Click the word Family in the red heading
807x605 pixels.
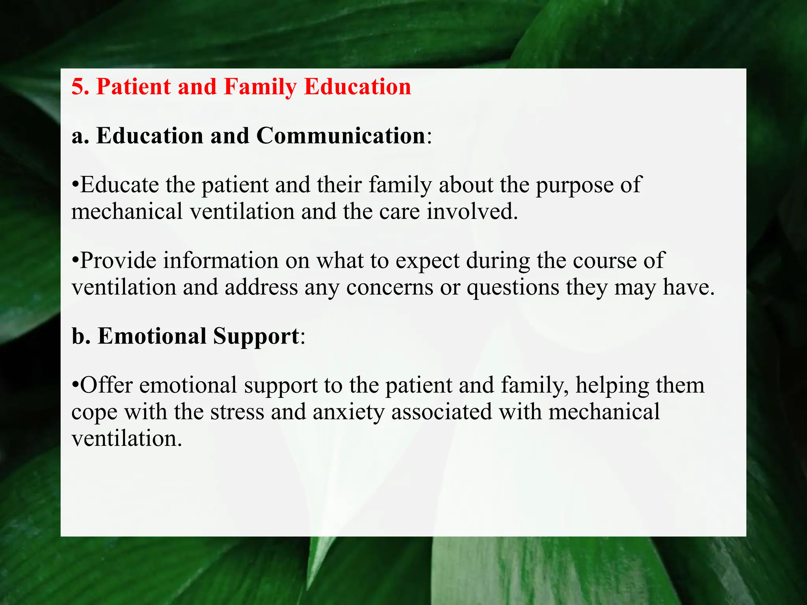tap(260, 87)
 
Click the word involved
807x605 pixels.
tap(472, 212)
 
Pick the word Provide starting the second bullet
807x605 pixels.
tap(118, 260)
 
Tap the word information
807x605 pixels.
tap(221, 260)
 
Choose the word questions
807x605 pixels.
tap(513, 287)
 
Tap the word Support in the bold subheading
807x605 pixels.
tap(256, 337)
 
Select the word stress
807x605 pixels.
tap(237, 412)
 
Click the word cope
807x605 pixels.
tap(95, 412)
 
